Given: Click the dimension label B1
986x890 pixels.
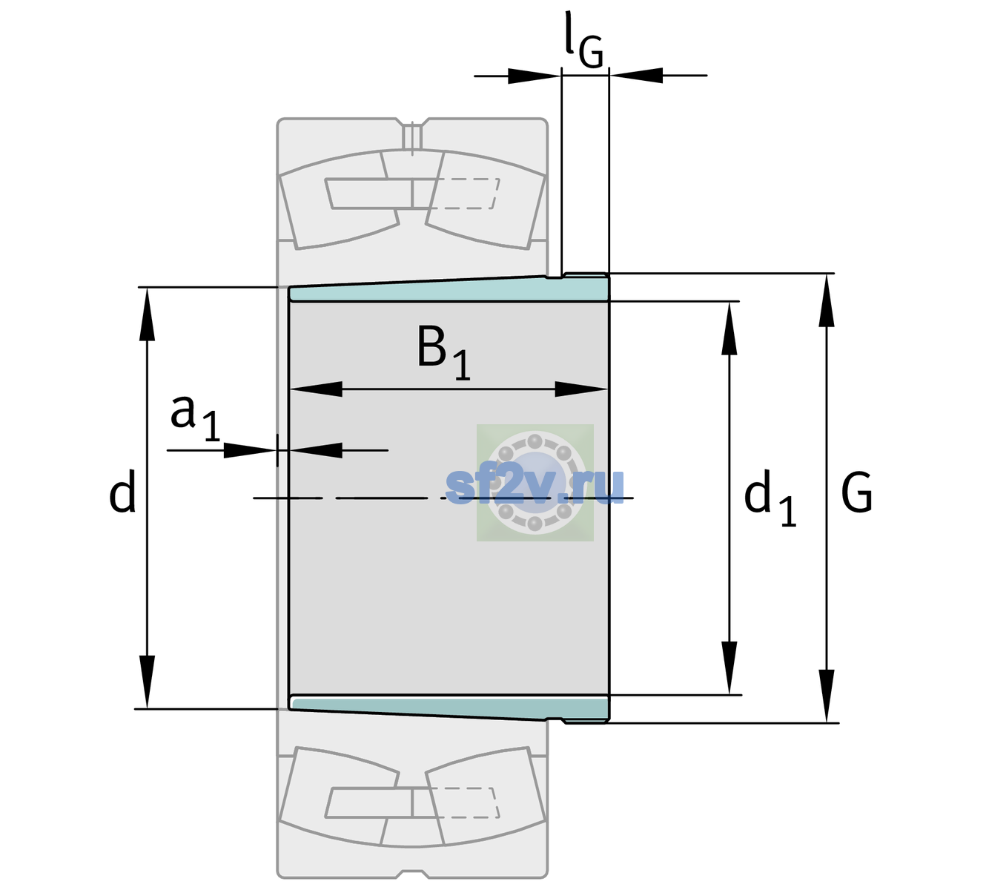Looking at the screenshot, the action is click(443, 352).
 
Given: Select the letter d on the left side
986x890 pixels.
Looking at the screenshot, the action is click(122, 491).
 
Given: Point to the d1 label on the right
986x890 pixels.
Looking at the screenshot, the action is click(770, 498).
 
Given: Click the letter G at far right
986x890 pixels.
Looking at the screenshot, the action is click(857, 492).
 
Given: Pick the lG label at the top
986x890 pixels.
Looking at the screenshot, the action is click(584, 40).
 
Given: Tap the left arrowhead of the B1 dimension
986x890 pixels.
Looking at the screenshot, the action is click(316, 389).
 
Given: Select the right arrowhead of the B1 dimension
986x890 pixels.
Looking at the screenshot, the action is click(581, 389).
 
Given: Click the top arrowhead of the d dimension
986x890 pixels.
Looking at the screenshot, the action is click(147, 314).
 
